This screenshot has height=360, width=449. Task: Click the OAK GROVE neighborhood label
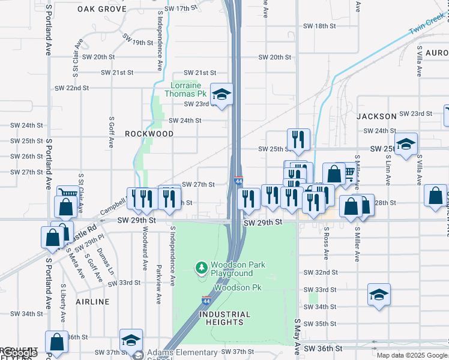[102, 9]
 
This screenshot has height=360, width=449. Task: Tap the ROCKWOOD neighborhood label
[149, 134]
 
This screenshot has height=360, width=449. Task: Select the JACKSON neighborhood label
[376, 116]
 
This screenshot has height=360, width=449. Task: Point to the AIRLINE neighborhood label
[93, 301]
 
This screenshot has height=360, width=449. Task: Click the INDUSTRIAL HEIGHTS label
[224, 318]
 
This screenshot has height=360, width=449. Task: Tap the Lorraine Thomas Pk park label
[188, 89]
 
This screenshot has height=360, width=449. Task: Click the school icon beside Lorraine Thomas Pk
[221, 94]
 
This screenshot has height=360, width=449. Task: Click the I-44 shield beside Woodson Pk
[206, 299]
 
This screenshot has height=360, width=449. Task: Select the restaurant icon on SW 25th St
[298, 140]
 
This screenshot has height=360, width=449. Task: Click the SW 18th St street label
[319, 26]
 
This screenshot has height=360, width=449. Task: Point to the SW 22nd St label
[77, 88]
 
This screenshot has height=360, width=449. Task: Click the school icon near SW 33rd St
[379, 295]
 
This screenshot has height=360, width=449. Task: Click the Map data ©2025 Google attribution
[411, 355]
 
